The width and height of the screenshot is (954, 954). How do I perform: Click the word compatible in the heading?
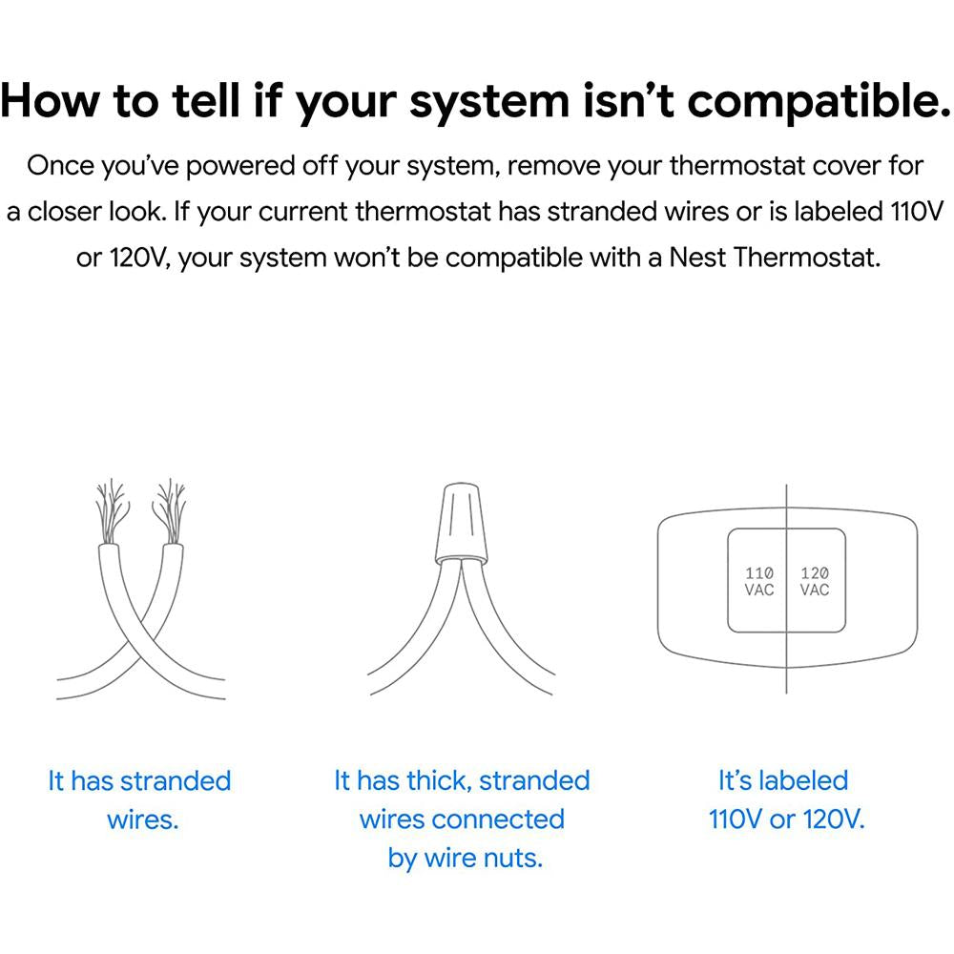[819, 103]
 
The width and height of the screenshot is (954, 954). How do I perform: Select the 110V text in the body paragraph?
[917, 212]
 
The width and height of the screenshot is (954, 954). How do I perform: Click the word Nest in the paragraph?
[698, 258]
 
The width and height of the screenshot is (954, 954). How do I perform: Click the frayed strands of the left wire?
[112, 511]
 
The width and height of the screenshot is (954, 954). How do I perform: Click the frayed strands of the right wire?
[170, 511]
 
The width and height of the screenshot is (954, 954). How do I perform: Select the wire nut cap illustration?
[461, 523]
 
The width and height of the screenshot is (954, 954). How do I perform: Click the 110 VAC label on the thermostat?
[758, 581]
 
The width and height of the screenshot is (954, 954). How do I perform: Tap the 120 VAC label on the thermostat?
[814, 581]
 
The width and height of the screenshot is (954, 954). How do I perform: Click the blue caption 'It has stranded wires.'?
[140, 800]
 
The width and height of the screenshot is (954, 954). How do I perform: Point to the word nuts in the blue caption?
[512, 858]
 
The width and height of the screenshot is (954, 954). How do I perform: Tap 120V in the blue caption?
[833, 819]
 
